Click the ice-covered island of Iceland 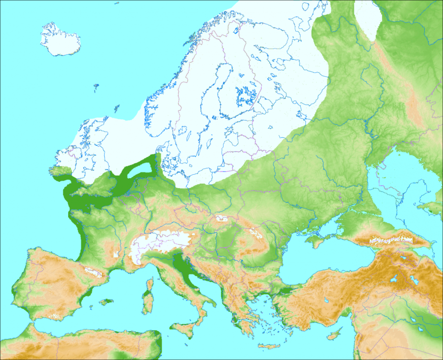pyautogui.click(x=60, y=40)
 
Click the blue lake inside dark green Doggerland pyautogui.click(x=142, y=168)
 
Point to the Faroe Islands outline pyautogui.click(x=96, y=87)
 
